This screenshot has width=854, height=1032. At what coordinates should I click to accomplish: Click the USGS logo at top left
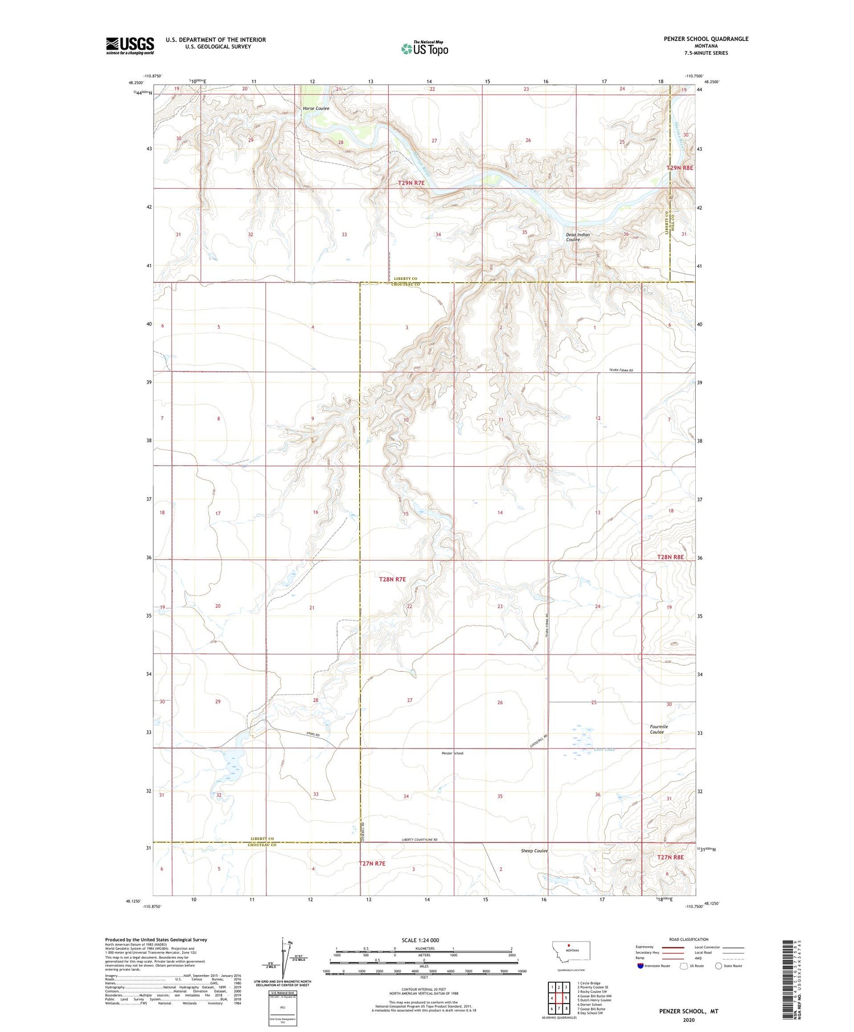click(130, 46)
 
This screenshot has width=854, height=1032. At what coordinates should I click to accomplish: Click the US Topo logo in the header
click(425, 49)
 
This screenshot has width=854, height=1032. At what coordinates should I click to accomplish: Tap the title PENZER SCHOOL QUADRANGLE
click(706, 39)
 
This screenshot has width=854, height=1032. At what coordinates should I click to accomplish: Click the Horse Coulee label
click(316, 108)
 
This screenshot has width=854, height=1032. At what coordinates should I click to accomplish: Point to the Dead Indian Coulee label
click(577, 237)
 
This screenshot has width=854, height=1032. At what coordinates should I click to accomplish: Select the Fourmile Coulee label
click(659, 729)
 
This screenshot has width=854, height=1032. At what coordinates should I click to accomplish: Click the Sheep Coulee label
click(534, 850)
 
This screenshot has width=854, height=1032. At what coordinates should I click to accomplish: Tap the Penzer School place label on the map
click(453, 753)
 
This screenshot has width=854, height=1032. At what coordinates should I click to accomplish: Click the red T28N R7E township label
click(392, 579)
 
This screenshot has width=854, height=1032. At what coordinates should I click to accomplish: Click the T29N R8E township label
click(680, 168)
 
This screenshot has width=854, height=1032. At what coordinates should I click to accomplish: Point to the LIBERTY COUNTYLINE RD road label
click(419, 840)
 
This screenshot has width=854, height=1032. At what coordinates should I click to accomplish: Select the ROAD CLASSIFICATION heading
click(689, 939)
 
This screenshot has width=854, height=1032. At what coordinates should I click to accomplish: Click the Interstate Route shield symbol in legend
click(640, 965)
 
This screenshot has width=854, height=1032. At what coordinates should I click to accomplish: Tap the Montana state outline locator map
click(571, 951)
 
